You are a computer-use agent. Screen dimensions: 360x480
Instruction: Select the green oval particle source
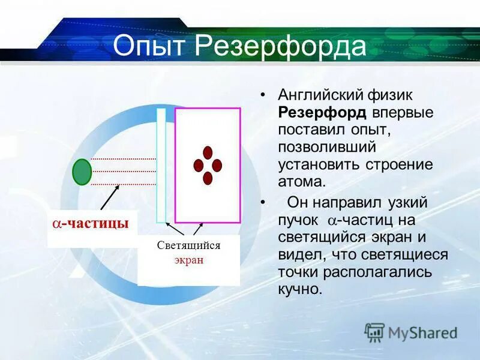(x=82, y=172)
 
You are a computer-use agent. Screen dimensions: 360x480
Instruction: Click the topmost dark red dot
(x=208, y=152)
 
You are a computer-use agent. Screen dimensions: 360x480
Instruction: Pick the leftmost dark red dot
(x=197, y=166)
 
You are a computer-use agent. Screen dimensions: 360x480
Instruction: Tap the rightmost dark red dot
(x=217, y=166)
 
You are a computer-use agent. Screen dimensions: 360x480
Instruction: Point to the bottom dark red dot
(x=208, y=178)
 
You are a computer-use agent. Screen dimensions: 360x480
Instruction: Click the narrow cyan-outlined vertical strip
(x=161, y=166)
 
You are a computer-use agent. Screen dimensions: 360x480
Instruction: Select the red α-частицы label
(x=90, y=224)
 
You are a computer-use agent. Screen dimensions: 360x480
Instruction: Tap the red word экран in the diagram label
(x=189, y=260)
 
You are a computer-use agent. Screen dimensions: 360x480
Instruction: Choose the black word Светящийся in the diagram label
(x=189, y=245)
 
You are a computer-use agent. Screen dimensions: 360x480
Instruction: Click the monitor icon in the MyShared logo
(x=374, y=332)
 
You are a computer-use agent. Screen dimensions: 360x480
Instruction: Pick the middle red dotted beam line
(x=123, y=172)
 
